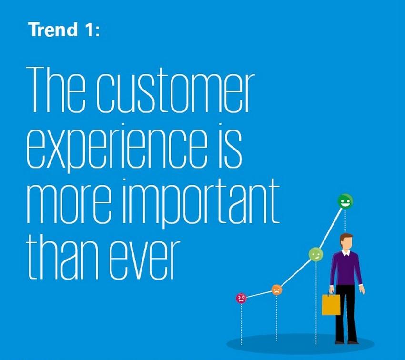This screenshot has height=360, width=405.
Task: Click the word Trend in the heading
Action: click(x=54, y=29)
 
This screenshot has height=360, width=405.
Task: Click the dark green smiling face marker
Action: click(x=345, y=201)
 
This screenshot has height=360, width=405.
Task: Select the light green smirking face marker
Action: click(x=316, y=254)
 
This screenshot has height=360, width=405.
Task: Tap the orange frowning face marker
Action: click(x=277, y=290)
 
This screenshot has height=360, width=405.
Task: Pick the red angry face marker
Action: click(x=241, y=298)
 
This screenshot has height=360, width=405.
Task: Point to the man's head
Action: click(x=346, y=241)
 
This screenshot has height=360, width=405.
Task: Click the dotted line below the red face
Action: click(x=241, y=324)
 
